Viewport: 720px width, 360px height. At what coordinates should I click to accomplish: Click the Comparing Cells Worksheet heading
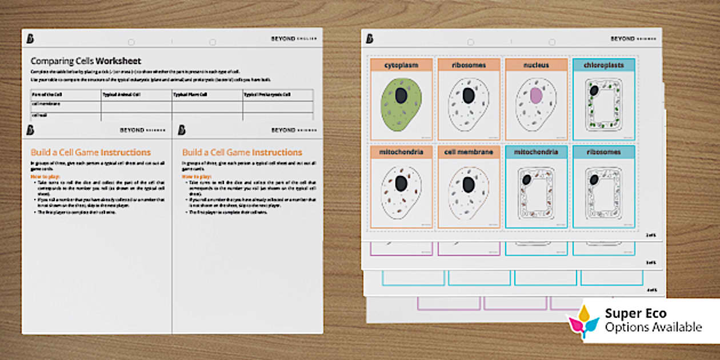[x=86, y=61]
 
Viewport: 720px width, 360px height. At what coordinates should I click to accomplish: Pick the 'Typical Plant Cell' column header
[x=191, y=95]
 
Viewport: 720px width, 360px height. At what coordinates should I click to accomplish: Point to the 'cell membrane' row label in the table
[x=46, y=104]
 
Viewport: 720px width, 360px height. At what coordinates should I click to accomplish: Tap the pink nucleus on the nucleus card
[x=536, y=96]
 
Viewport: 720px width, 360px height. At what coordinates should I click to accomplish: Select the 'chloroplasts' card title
[x=603, y=65]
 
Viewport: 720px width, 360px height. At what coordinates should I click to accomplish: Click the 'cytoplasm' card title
[x=401, y=65]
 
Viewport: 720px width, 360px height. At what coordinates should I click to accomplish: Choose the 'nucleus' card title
[x=536, y=65]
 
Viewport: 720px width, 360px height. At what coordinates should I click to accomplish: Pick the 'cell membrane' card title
[x=469, y=153]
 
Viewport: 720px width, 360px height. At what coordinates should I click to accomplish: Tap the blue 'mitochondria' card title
[x=536, y=153]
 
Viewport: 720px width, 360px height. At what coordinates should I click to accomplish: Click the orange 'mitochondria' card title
[x=401, y=153]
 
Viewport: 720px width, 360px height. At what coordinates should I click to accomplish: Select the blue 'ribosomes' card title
[x=603, y=153]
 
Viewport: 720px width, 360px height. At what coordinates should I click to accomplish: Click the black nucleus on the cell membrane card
[x=469, y=183]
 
